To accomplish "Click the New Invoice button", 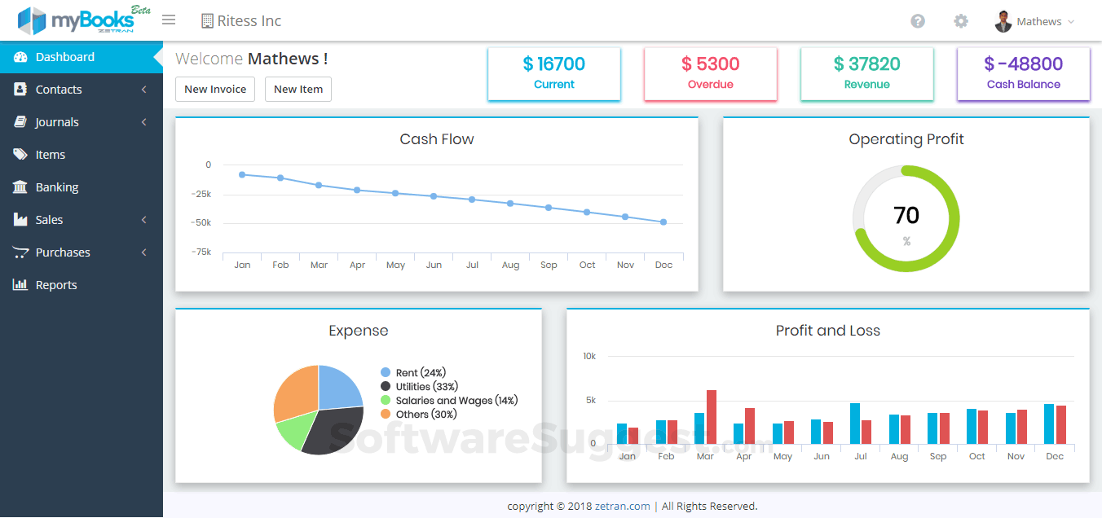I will click(x=215, y=90).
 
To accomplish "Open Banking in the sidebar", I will click(x=57, y=187).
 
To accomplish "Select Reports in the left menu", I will click(x=56, y=285).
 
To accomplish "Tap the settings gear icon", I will click(x=961, y=21).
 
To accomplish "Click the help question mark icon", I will click(x=918, y=21).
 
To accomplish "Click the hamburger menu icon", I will click(x=169, y=20).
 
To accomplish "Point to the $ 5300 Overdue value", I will click(x=710, y=64).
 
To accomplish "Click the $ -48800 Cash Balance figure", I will click(x=1023, y=64).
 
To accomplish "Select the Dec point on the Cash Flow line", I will click(x=663, y=222).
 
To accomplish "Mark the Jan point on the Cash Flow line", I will click(x=242, y=174).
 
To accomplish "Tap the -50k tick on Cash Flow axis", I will click(x=201, y=222).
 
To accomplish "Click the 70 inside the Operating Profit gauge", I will click(x=906, y=215).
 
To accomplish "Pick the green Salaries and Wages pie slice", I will click(x=290, y=432).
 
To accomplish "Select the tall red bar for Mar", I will click(x=712, y=416).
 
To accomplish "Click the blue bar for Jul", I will click(x=855, y=423).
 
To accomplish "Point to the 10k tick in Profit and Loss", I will click(x=589, y=357).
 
